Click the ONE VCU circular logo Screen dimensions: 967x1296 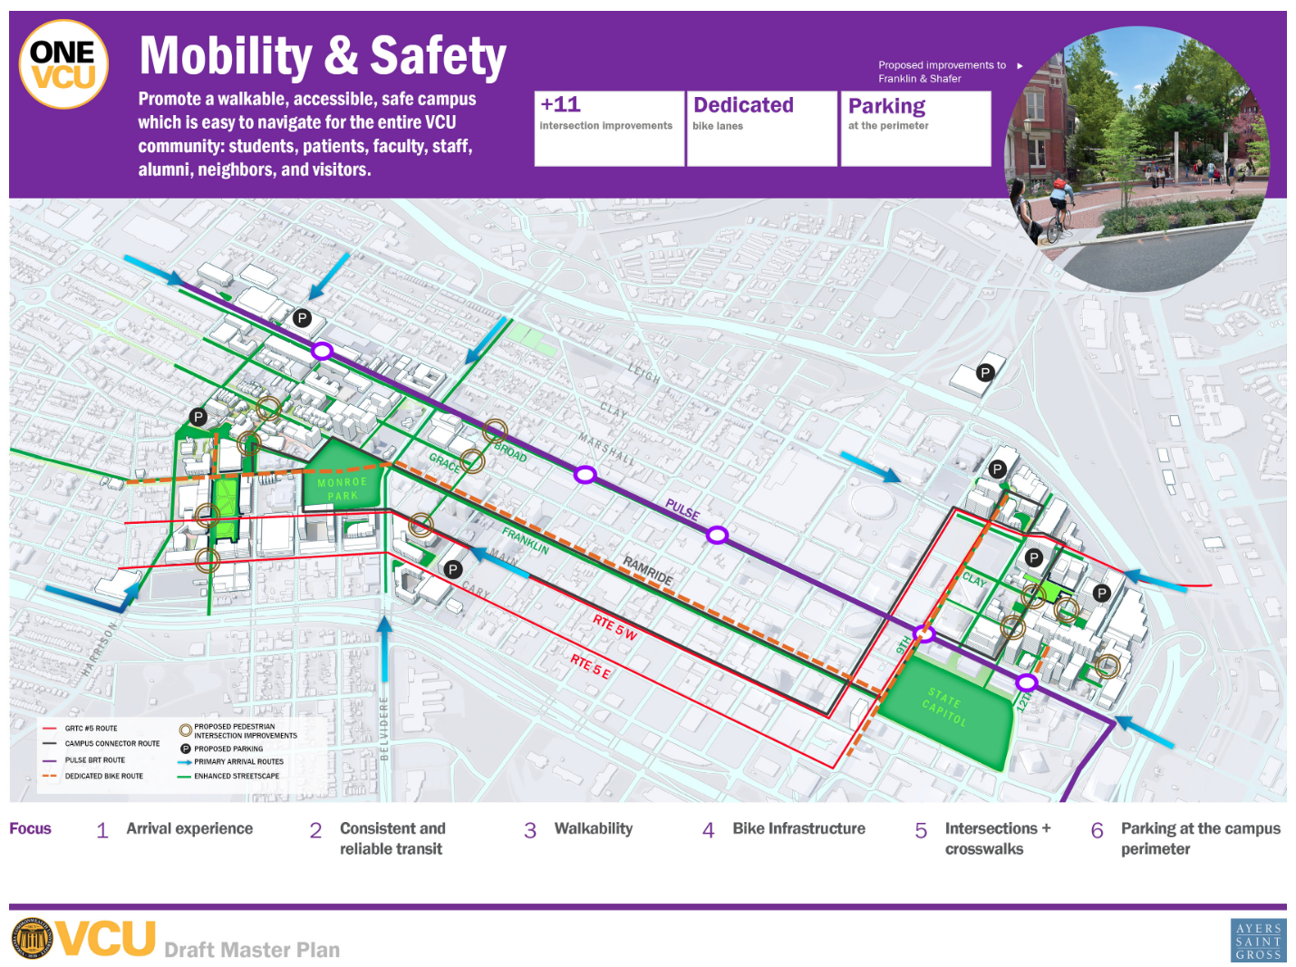point(63,64)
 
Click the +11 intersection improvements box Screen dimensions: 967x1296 point(608,128)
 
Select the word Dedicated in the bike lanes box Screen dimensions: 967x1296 point(743,106)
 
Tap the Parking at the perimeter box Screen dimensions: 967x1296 point(915,128)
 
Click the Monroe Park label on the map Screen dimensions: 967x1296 point(343,488)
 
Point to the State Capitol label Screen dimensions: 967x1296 point(945,707)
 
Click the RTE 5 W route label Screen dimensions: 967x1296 point(615,626)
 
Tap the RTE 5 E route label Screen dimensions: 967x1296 point(590,666)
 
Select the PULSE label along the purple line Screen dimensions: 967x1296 point(682,509)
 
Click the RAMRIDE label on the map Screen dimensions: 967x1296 point(648,570)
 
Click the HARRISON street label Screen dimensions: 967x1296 point(100,648)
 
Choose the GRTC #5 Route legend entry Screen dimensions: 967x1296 point(91,728)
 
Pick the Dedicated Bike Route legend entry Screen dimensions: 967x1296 point(103,776)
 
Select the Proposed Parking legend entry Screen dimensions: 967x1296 point(227,749)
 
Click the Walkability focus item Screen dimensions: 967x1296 point(593,828)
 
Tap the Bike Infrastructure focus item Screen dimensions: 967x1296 point(798,828)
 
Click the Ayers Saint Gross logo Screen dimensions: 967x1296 point(1258,941)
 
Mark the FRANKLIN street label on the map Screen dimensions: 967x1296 point(526,540)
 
